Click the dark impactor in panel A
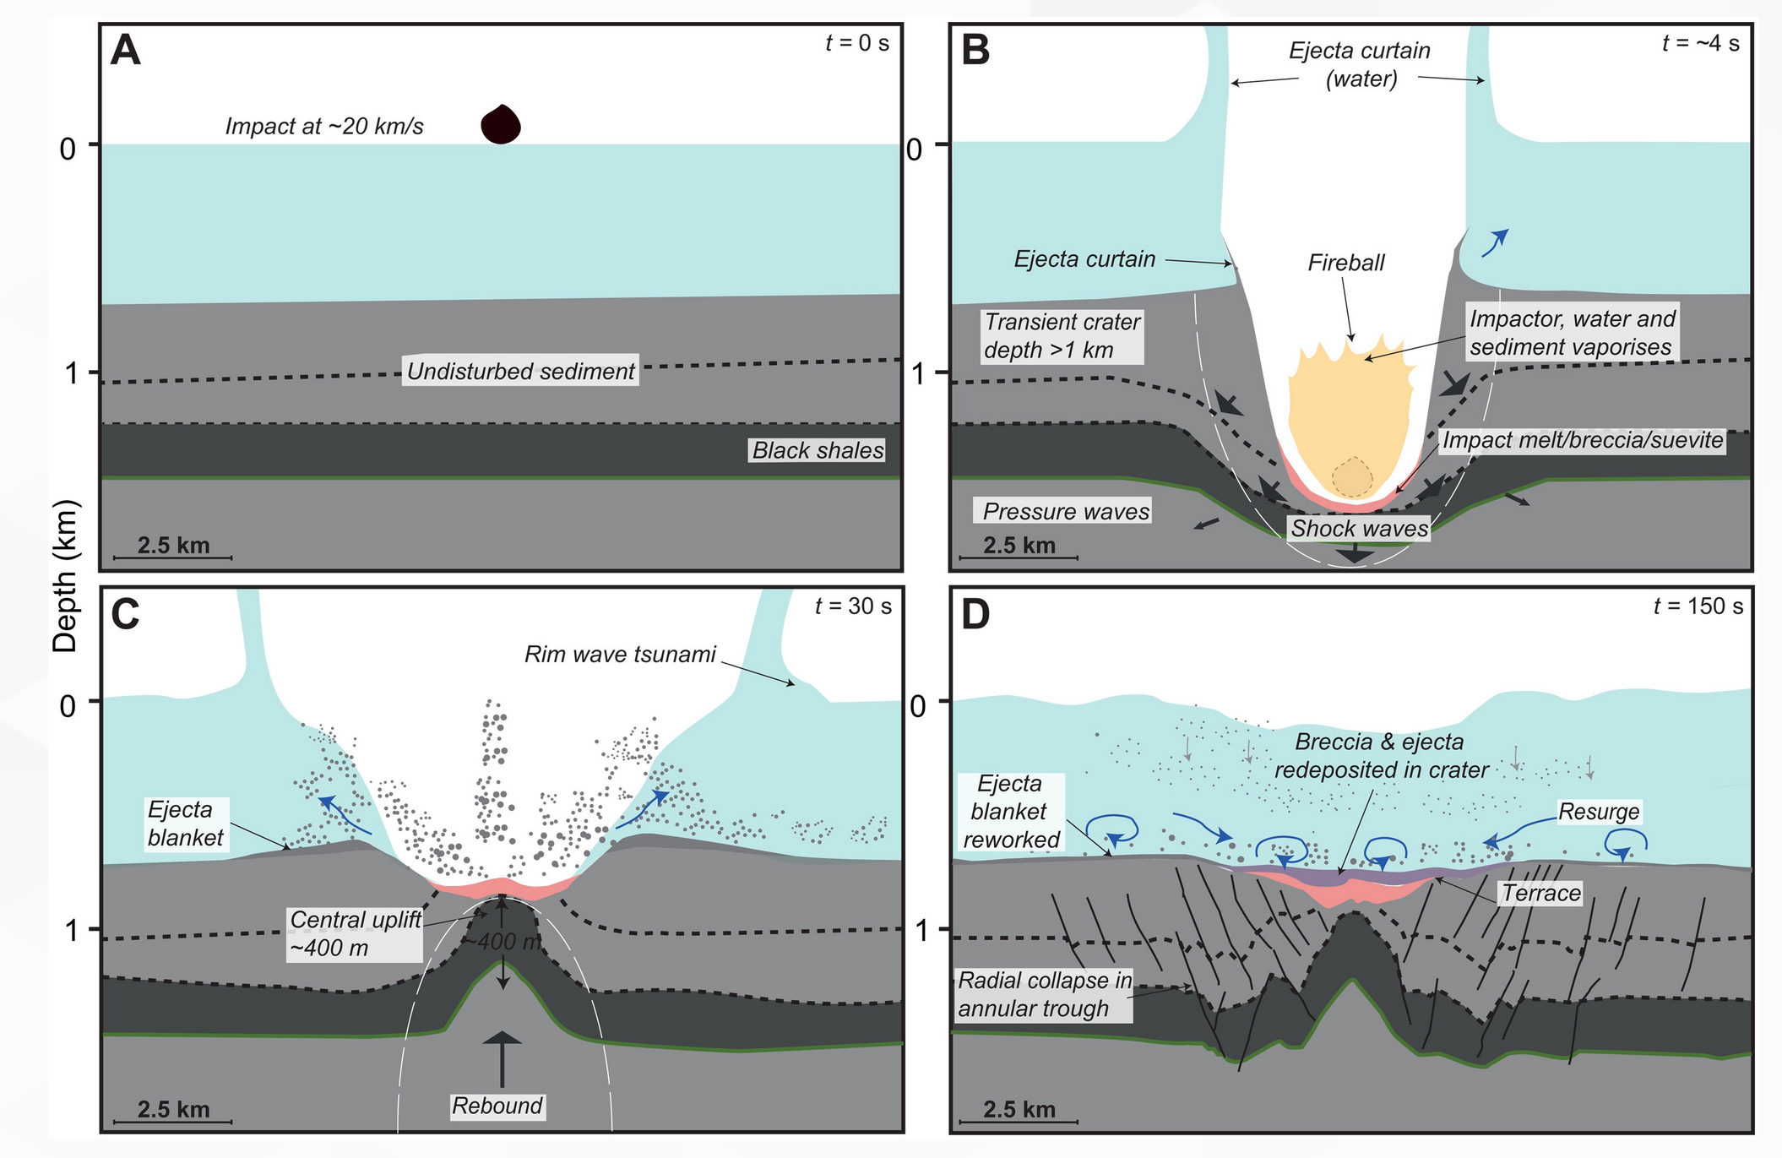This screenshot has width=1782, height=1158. [x=501, y=124]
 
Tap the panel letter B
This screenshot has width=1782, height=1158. [x=975, y=51]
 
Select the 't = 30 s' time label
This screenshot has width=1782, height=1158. [x=853, y=606]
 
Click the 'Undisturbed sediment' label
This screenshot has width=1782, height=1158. [x=520, y=371]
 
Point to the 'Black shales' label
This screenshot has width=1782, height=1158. [x=818, y=450]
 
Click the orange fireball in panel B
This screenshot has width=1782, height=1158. [x=1349, y=414]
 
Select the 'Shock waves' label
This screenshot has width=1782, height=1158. [x=1359, y=529]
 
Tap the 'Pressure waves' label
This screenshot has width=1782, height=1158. [x=1066, y=511]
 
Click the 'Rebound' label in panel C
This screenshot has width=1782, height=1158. [x=497, y=1106]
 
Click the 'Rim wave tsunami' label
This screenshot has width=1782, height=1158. [x=620, y=654]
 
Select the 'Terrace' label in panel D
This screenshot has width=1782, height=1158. [x=1540, y=893]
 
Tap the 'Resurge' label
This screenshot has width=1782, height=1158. [x=1598, y=812]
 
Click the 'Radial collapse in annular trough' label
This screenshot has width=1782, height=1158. [x=1044, y=994]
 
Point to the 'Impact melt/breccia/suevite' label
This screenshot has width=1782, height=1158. [x=1582, y=440]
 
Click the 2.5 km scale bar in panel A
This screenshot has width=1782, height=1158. [x=173, y=557]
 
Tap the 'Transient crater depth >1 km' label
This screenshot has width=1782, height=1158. [x=1062, y=335]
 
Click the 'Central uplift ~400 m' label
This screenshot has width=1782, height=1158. [x=355, y=933]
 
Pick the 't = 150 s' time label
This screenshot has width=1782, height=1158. [x=1698, y=606]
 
